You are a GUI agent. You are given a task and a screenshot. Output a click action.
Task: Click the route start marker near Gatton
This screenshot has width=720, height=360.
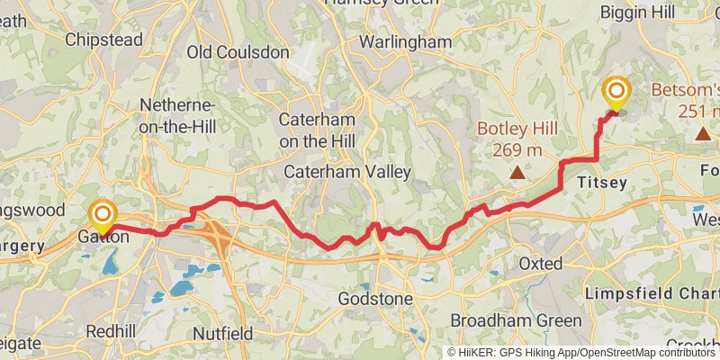(103, 214)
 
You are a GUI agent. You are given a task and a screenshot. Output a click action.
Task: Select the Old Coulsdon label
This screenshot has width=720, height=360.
(238, 52)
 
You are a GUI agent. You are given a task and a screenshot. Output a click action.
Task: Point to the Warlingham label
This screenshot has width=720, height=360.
(405, 42)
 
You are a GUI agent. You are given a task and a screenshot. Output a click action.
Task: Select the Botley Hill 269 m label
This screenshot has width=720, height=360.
(517, 138)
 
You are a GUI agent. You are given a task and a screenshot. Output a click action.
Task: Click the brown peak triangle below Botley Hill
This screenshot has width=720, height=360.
(517, 171)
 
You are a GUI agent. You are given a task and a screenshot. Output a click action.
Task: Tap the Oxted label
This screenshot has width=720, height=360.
(541, 264)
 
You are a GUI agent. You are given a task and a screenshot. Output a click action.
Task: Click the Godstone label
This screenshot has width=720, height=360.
(376, 298)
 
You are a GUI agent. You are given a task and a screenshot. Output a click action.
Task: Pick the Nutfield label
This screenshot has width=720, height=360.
(222, 333)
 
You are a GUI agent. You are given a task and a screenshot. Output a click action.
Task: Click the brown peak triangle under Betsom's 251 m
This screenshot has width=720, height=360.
(703, 133)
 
